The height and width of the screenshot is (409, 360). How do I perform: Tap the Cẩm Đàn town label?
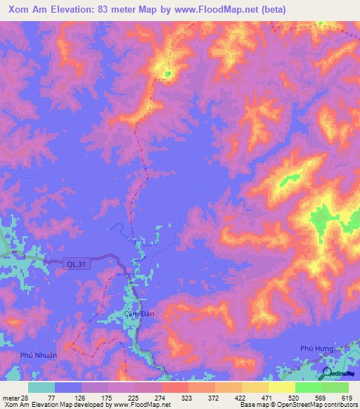(x=139, y=313)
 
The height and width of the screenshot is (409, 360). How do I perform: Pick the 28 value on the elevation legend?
(x=27, y=397)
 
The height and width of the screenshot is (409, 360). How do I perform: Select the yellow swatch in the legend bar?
(x=281, y=387)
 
